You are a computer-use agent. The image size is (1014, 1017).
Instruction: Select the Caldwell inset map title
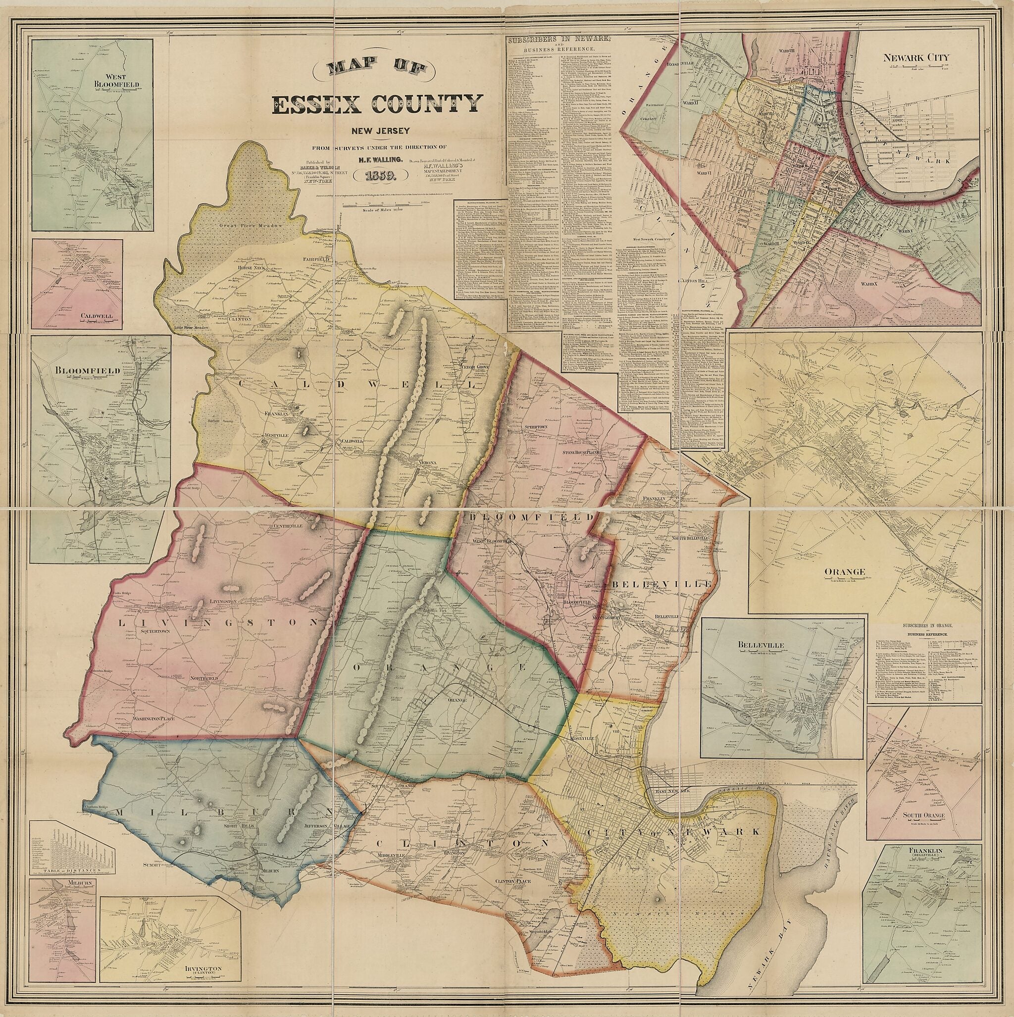pos(97,316)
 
